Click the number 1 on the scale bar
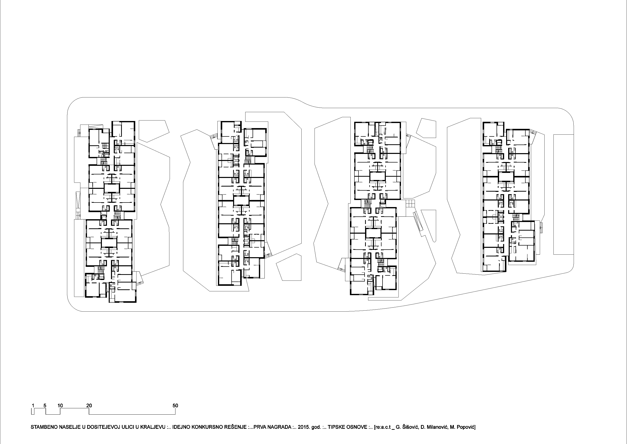point(33,406)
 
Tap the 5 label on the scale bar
point(45,406)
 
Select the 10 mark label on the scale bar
point(60,406)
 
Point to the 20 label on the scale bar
point(89,406)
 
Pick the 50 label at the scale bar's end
point(175,406)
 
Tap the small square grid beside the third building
point(410,204)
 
